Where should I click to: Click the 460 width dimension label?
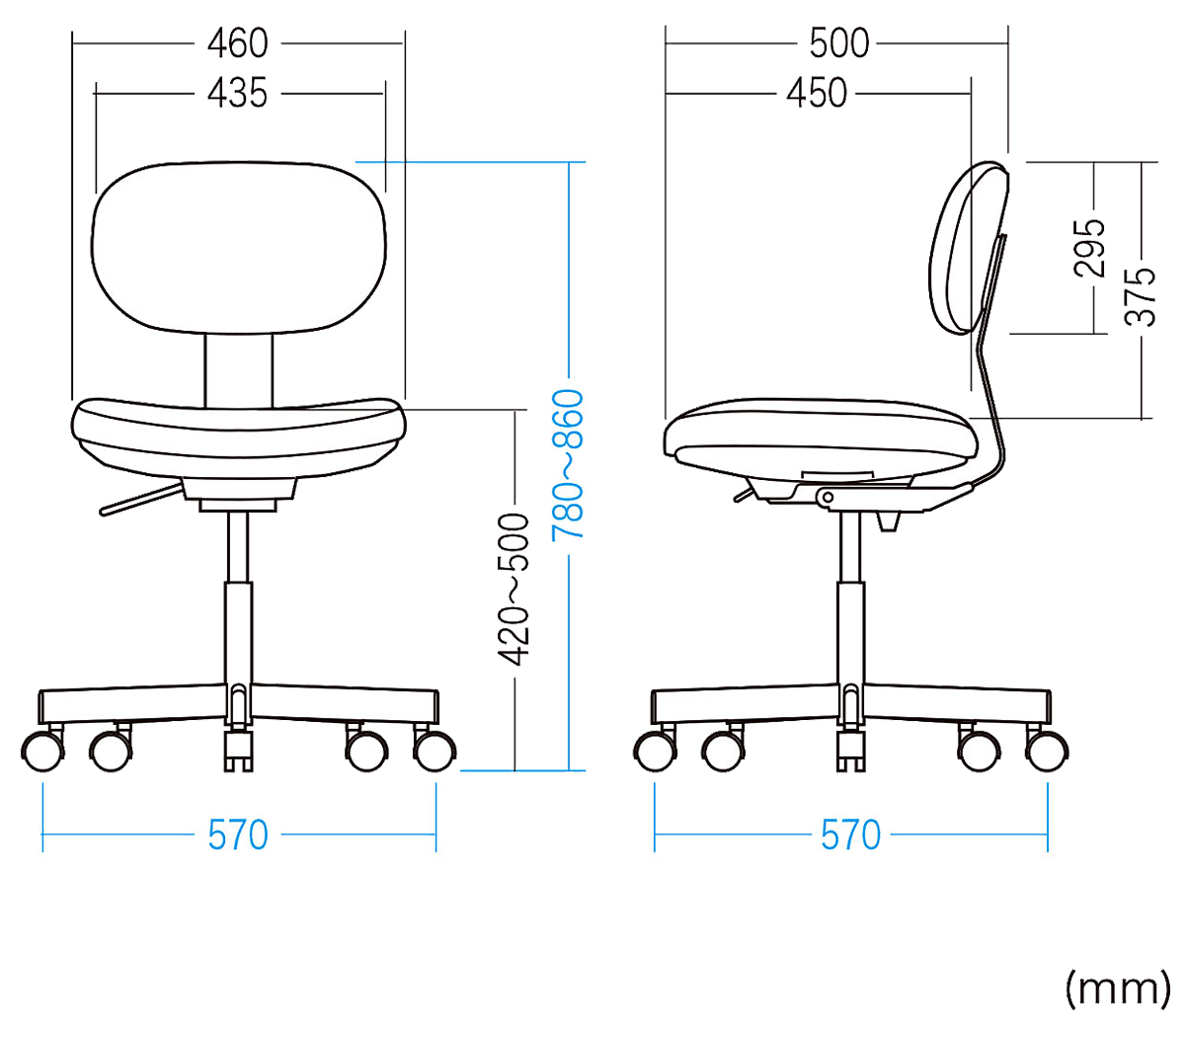(x=238, y=43)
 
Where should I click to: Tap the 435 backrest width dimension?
(x=238, y=93)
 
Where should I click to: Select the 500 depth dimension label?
(x=839, y=43)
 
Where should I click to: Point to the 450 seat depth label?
(x=817, y=93)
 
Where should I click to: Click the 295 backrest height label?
(x=1089, y=248)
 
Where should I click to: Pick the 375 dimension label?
(x=1141, y=296)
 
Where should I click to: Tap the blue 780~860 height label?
(x=568, y=465)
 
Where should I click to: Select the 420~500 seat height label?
(x=513, y=590)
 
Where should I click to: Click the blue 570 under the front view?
(x=238, y=835)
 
